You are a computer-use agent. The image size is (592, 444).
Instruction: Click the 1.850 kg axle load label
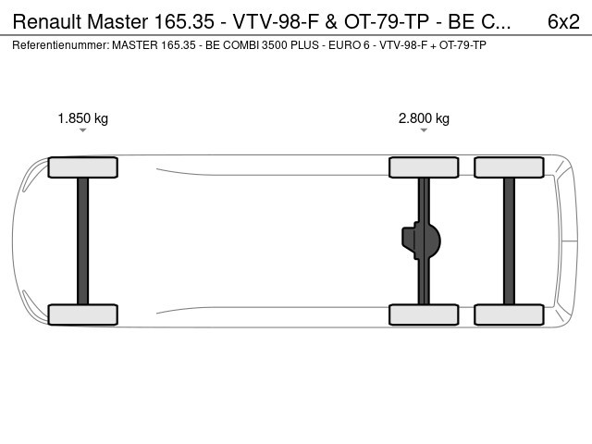pos(82,118)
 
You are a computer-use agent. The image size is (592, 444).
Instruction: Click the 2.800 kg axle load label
pos(424,118)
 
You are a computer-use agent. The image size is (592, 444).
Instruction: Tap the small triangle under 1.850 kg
pos(82,130)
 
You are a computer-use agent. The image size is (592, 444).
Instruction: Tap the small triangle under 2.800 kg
pos(424,130)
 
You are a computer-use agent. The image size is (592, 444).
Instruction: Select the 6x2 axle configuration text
pos(563,21)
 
